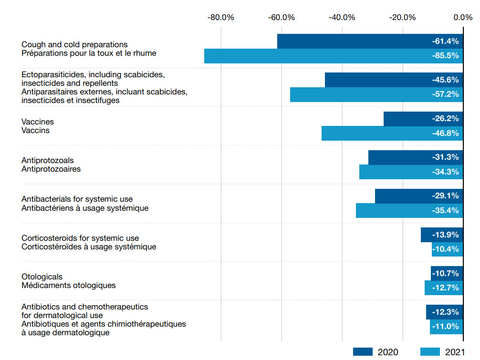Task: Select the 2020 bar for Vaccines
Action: tap(406, 119)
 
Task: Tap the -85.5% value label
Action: tap(445, 56)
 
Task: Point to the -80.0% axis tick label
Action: tap(221, 18)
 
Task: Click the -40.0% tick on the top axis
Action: tap(342, 18)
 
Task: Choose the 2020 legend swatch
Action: tap(363, 352)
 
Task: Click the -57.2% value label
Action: tap(445, 94)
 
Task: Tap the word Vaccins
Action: tap(35, 130)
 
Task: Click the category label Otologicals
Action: tap(42, 277)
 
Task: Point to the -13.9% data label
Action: tap(445, 235)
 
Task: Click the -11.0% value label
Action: tap(445, 327)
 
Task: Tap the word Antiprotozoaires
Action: tap(51, 169)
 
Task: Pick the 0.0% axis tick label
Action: tap(463, 18)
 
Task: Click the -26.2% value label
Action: tap(445, 119)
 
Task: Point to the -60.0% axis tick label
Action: tap(282, 18)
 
